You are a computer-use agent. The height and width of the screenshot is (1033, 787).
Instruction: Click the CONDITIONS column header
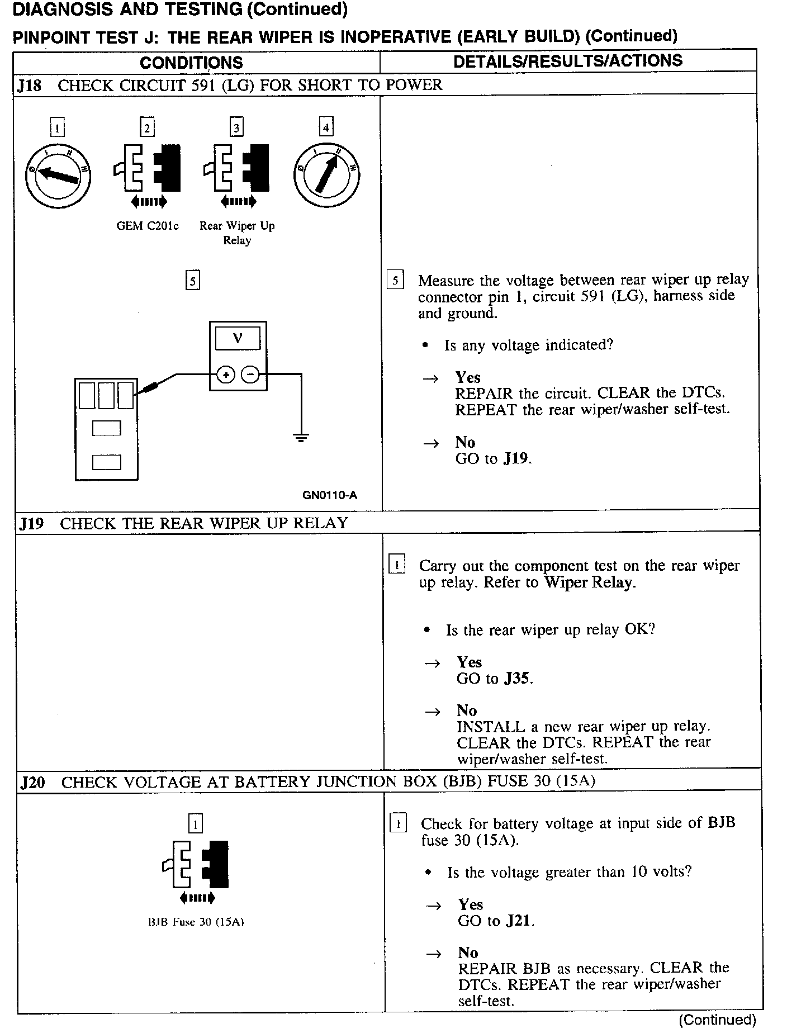[x=191, y=63]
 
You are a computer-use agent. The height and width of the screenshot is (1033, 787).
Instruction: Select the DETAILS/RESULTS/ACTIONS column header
[x=568, y=61]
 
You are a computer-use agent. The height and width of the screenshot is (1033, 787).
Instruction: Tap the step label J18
[x=29, y=86]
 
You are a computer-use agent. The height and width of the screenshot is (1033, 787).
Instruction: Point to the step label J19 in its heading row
[x=31, y=524]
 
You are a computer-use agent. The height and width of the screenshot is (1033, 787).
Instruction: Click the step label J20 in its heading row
[x=32, y=782]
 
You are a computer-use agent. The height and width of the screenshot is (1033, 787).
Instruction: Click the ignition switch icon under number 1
[x=58, y=176]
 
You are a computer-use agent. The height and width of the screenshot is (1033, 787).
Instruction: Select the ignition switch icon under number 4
[x=326, y=176]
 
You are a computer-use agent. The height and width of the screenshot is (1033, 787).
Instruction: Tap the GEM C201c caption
[x=148, y=226]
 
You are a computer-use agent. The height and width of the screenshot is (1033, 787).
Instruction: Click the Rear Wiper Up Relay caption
[x=237, y=233]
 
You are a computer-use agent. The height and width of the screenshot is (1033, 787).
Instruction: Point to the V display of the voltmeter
[x=238, y=339]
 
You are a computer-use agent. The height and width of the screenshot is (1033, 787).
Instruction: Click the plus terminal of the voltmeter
[x=226, y=375]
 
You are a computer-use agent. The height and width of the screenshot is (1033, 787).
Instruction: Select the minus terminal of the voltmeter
[x=251, y=375]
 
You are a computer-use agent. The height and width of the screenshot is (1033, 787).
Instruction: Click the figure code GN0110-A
[x=330, y=495]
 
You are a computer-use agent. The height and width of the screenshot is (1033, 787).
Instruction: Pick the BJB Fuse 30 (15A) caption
[x=196, y=922]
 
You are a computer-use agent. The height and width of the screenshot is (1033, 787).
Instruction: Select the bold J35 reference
[x=518, y=679]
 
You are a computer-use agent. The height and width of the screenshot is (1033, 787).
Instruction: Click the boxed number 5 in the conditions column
[x=192, y=280]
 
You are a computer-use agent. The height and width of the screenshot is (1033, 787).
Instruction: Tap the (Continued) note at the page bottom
[x=717, y=1020]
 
